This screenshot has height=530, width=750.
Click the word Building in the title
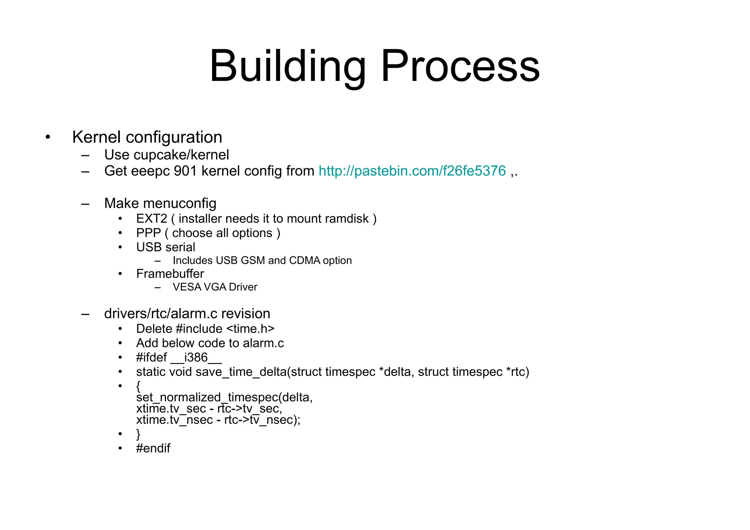287,67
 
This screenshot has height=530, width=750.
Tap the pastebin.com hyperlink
412,171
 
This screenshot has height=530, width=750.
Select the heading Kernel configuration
147,137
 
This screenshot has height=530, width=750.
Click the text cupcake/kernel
181,155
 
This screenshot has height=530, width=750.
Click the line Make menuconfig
160,203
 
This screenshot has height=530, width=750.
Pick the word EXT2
151,219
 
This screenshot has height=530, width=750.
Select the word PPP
148,233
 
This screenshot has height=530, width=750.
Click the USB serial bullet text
166,247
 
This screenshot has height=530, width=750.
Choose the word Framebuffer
170,274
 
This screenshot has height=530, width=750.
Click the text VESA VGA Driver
215,287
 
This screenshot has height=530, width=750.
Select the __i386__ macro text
196,357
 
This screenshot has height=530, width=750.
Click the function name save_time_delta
241,372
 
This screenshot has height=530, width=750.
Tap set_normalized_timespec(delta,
224,397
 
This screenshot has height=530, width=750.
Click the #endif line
153,448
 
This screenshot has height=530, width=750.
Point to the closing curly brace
138,434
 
